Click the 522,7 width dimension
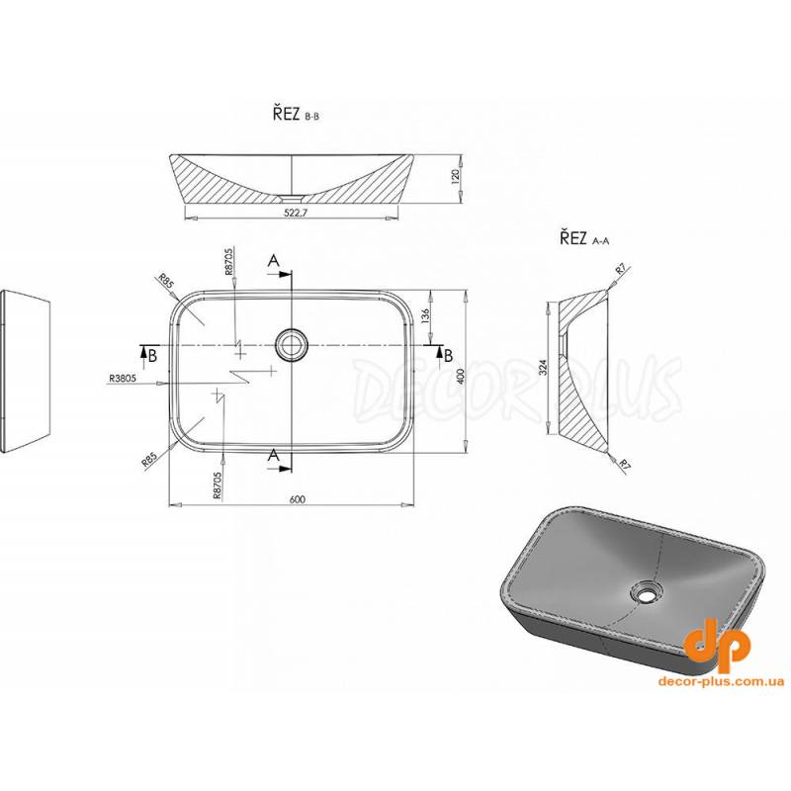coord(296,213)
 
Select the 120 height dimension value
coord(456,177)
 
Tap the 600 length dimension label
coord(299,499)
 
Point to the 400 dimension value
coord(459,376)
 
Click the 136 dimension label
coord(425,315)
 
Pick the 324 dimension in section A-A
coord(543,366)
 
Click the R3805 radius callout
coord(122,378)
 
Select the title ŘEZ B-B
coord(297,115)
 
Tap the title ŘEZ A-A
coord(584,238)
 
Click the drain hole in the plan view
coord(291,344)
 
